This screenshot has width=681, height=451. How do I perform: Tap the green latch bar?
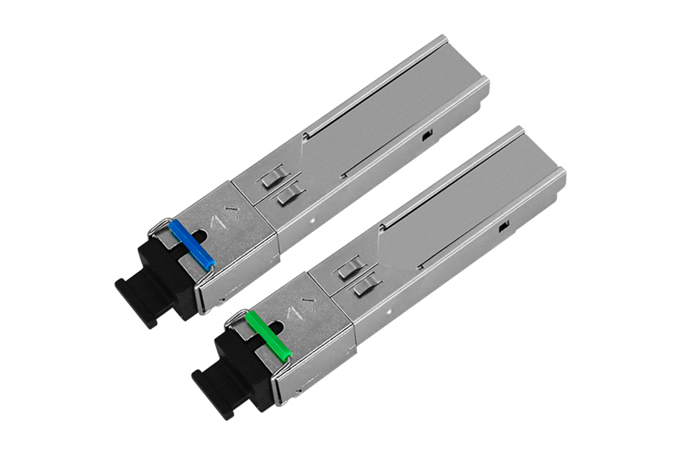tap(269, 334)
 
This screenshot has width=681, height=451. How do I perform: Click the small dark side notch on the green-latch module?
tap(503, 227)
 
